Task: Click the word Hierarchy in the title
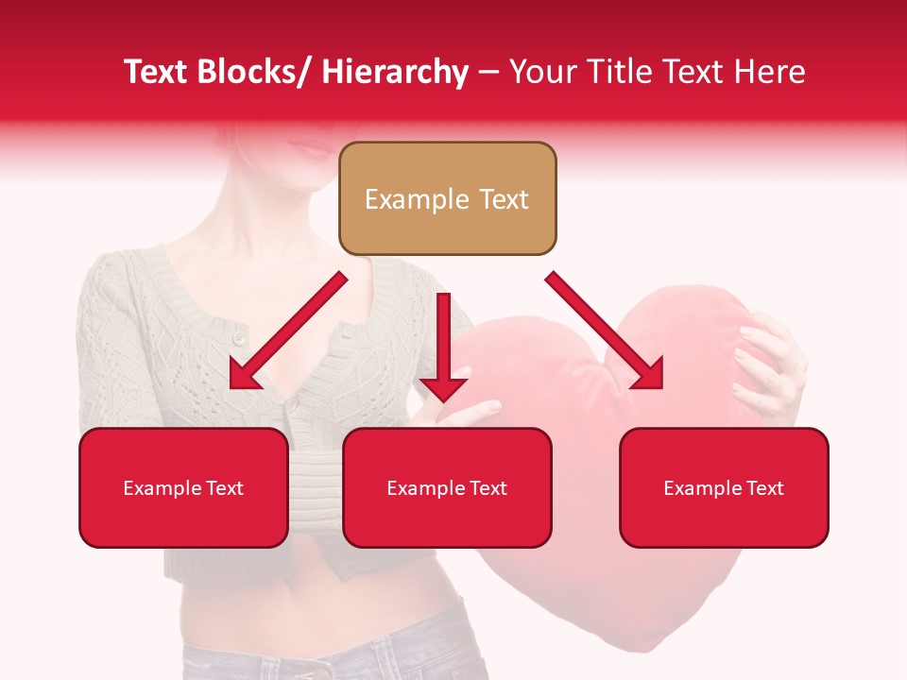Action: click(x=395, y=73)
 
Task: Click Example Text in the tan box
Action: click(x=447, y=199)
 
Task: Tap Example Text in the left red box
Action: click(x=183, y=488)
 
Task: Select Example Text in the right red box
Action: click(x=724, y=488)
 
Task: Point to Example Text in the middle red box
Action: click(x=447, y=488)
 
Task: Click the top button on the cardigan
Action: click(x=239, y=337)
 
